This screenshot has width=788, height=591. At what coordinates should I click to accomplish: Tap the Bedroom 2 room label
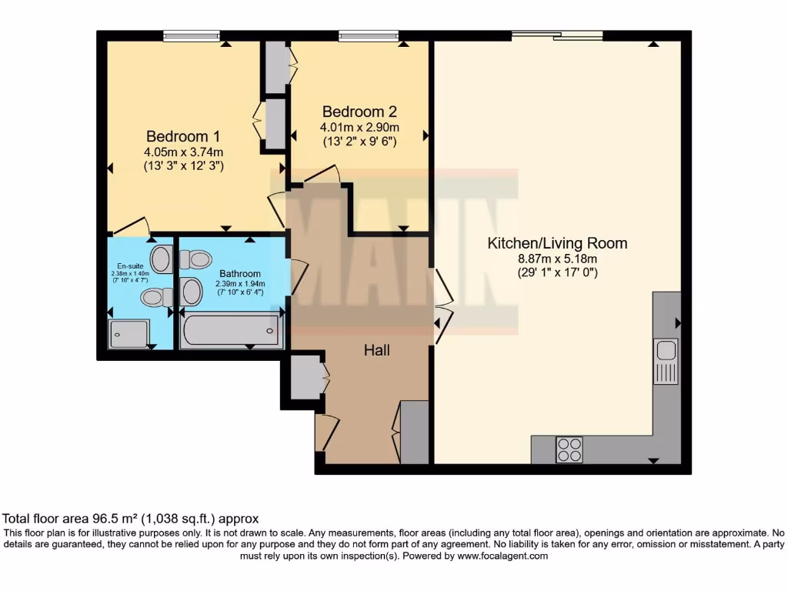359,111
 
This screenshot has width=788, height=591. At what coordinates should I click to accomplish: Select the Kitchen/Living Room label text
557,243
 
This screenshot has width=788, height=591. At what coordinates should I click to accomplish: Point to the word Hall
376,350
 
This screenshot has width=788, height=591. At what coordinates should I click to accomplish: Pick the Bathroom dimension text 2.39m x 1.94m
239,284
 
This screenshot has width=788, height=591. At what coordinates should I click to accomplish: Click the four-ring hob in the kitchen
569,449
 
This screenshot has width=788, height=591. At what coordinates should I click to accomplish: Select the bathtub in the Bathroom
230,331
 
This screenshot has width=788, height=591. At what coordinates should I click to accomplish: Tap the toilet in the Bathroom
196,259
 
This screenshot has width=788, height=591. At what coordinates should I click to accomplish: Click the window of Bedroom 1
191,35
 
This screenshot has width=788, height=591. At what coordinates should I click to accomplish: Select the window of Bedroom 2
369,35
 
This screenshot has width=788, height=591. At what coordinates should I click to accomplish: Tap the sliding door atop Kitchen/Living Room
557,35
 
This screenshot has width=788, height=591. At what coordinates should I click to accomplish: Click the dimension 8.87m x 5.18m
557,259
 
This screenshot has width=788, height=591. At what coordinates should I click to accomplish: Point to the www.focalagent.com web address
502,556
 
